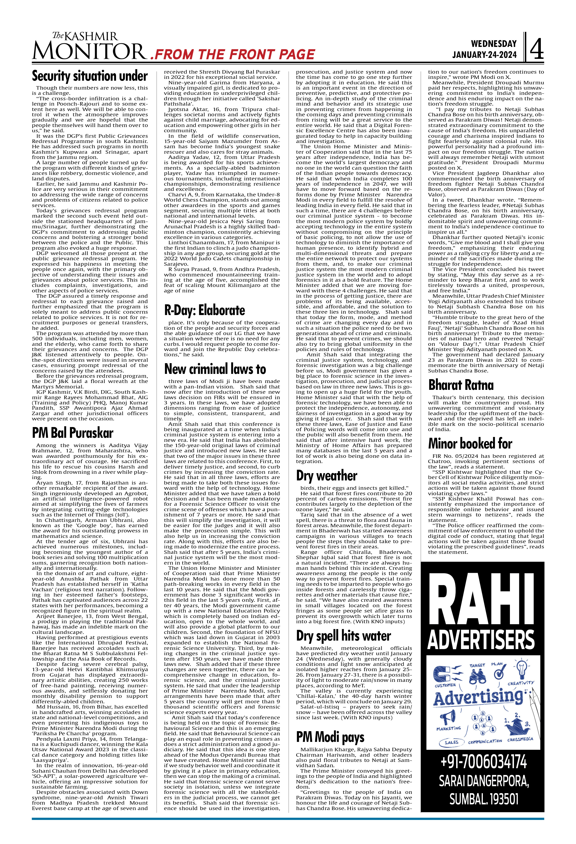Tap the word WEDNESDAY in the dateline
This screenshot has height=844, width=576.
494,44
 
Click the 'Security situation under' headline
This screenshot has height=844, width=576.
90,76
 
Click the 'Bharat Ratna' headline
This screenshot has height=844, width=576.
461,385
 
